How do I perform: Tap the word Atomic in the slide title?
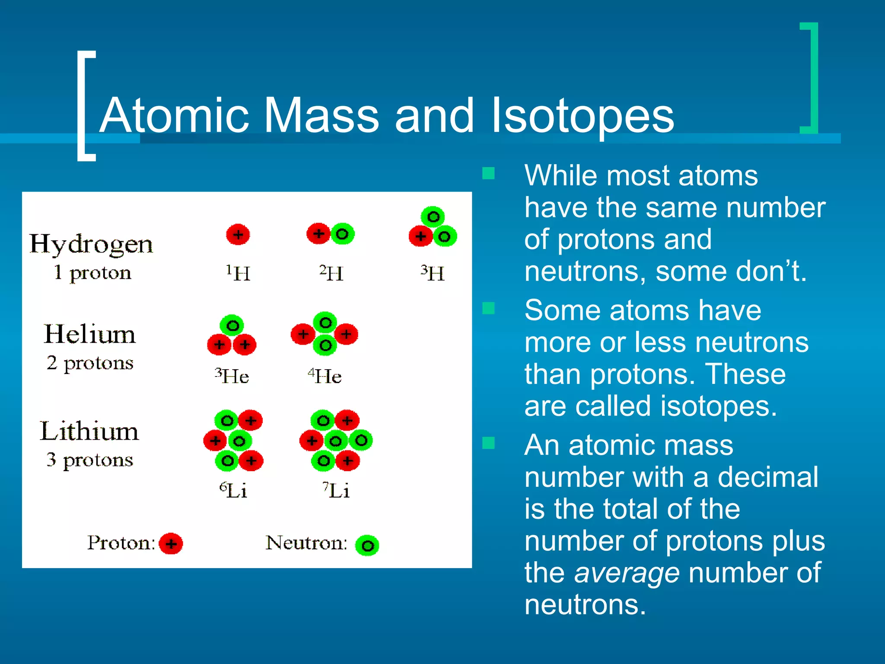pyautogui.click(x=175, y=116)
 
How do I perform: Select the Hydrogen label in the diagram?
pyautogui.click(x=91, y=245)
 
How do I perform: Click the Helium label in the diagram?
pyautogui.click(x=90, y=334)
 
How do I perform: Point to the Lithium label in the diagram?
pyautogui.click(x=89, y=431)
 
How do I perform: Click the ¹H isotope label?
pyautogui.click(x=238, y=273)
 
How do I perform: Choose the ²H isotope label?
pyautogui.click(x=331, y=273)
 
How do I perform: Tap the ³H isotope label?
pyautogui.click(x=433, y=273)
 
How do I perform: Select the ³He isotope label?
pyautogui.click(x=232, y=376)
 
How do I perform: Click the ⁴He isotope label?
pyautogui.click(x=325, y=376)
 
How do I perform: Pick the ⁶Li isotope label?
pyautogui.click(x=233, y=490)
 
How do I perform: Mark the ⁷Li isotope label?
pyautogui.click(x=336, y=490)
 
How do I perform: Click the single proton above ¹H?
pyautogui.click(x=238, y=235)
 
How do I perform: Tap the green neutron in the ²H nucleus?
pyautogui.click(x=342, y=234)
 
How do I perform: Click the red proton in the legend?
pyautogui.click(x=171, y=543)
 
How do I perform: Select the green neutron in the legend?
pyautogui.click(x=367, y=546)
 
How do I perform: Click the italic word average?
pyautogui.click(x=627, y=572)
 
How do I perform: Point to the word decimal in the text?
pyautogui.click(x=768, y=477)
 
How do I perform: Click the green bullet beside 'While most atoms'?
pyautogui.click(x=488, y=174)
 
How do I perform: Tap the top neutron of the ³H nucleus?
pyautogui.click(x=433, y=217)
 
